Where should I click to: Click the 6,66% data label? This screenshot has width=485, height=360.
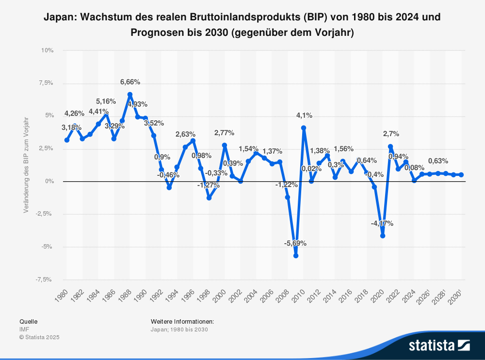pyautogui.click(x=130, y=82)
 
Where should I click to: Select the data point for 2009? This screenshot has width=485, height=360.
pyautogui.click(x=295, y=255)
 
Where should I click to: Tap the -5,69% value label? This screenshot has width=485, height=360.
pyautogui.click(x=295, y=243)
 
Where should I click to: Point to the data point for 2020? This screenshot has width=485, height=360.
pyautogui.click(x=383, y=236)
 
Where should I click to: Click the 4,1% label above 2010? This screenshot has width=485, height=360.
pyautogui.click(x=304, y=115)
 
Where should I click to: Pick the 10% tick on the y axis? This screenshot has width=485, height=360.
pyautogui.click(x=47, y=50)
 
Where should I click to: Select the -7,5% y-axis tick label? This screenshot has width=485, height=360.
pyautogui.click(x=45, y=280)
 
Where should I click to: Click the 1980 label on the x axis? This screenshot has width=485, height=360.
pyautogui.click(x=61, y=297)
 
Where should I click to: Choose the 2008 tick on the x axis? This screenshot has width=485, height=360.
pyautogui.click(x=282, y=297)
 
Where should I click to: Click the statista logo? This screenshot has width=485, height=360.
pyautogui.click(x=439, y=345)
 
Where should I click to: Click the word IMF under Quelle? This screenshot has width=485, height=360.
pyautogui.click(x=24, y=329)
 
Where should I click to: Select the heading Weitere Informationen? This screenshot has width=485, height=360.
pyautogui.click(x=182, y=321)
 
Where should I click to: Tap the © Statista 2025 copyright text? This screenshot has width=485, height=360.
pyautogui.click(x=39, y=337)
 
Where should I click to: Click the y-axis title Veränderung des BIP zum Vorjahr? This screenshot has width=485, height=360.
pyautogui.click(x=26, y=165)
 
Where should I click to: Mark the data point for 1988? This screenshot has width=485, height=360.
pyautogui.click(x=130, y=94)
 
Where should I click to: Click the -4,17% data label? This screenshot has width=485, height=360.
pyautogui.click(x=382, y=223)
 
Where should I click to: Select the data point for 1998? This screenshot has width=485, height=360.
pyautogui.click(x=209, y=198)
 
